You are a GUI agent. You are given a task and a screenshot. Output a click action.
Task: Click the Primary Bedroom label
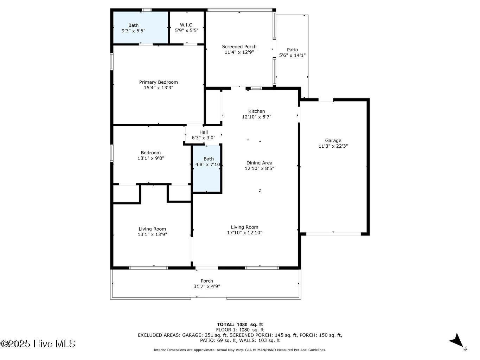(158, 82)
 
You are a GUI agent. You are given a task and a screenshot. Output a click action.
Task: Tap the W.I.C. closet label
(187, 25)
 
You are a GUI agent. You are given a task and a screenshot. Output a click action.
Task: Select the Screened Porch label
(239, 47)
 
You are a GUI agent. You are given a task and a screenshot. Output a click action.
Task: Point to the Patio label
(292, 50)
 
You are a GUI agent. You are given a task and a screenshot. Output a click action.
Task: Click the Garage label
(333, 141)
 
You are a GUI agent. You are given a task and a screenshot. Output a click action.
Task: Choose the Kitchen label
(256, 111)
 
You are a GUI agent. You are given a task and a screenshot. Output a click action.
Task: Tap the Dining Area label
(259, 163)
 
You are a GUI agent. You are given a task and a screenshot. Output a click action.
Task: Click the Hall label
(203, 133)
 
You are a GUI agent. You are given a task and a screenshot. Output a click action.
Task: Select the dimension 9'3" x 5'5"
(133, 31)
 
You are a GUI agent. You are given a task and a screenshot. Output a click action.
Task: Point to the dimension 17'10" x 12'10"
(244, 233)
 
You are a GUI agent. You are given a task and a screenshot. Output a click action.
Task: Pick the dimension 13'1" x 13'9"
(152, 234)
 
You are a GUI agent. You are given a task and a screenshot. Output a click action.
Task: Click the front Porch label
(207, 281)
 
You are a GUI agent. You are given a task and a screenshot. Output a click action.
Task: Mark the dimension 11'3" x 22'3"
(333, 146)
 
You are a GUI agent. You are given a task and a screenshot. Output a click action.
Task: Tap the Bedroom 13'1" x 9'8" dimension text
(151, 159)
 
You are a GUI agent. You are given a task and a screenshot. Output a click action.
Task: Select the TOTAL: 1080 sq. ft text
(240, 324)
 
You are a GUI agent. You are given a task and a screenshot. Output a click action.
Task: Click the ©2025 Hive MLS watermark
(38, 343)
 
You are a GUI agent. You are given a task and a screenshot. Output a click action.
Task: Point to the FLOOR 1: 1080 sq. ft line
(240, 330)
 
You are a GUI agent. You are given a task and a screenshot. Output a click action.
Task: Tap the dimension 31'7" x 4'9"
(207, 287)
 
